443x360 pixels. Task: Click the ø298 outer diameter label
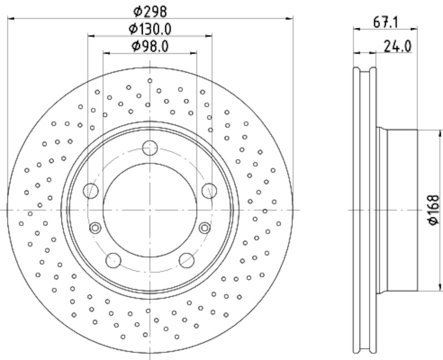pyautogui.click(x=150, y=11)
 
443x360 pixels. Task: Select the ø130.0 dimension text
pyautogui.click(x=150, y=28)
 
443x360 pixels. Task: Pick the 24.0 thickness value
pyautogui.click(x=397, y=47)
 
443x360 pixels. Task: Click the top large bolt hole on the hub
pyautogui.click(x=150, y=148)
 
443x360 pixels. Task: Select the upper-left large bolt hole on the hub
pyautogui.click(x=91, y=191)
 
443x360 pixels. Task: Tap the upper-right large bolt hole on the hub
pyautogui.click(x=209, y=191)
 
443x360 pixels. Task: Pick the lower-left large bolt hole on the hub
pyautogui.click(x=114, y=260)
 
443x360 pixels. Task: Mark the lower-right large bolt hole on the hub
pyautogui.click(x=187, y=260)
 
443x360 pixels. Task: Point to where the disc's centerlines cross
pyautogui.click(x=150, y=210)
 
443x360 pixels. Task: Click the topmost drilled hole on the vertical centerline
pyautogui.click(x=150, y=81)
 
